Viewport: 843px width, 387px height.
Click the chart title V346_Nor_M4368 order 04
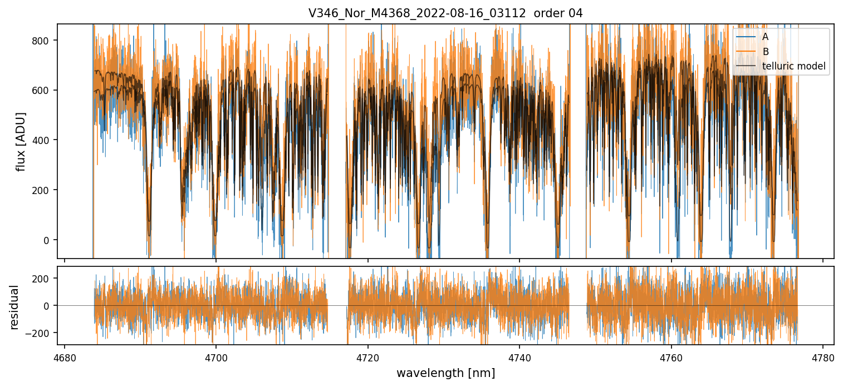[445, 13]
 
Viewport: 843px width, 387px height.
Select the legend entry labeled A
[766, 37]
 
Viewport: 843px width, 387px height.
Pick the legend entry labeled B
[766, 52]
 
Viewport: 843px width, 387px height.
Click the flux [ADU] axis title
[21, 141]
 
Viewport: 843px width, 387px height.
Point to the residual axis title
[14, 307]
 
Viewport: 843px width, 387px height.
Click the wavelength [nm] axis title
[445, 373]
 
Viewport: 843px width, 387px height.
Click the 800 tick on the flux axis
[43, 40]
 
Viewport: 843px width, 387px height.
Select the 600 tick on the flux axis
[43, 90]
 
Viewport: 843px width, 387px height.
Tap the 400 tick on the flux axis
[43, 140]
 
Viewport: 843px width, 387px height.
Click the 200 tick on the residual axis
[43, 278]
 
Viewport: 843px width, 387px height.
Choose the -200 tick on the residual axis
[41, 333]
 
